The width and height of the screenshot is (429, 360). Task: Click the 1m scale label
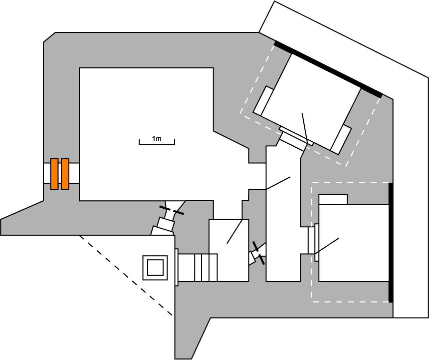coord(157,138)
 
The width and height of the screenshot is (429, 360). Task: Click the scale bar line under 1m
coord(157,144)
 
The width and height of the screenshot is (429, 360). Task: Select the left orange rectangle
coord(54,174)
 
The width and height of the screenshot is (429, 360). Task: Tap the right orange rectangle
coord(65,174)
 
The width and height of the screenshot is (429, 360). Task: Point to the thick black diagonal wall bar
coord(328,69)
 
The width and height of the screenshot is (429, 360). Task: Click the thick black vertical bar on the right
coord(391,243)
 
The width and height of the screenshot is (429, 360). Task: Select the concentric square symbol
coord(155,267)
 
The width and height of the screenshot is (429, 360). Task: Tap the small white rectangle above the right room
coord(333,199)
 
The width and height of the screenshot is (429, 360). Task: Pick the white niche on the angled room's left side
coord(263,100)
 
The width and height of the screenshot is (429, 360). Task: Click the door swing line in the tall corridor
coord(278,183)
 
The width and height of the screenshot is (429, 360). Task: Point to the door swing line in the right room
coord(327,246)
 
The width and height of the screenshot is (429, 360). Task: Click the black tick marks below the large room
coord(171,211)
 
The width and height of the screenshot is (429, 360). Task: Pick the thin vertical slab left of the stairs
coord(177,267)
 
